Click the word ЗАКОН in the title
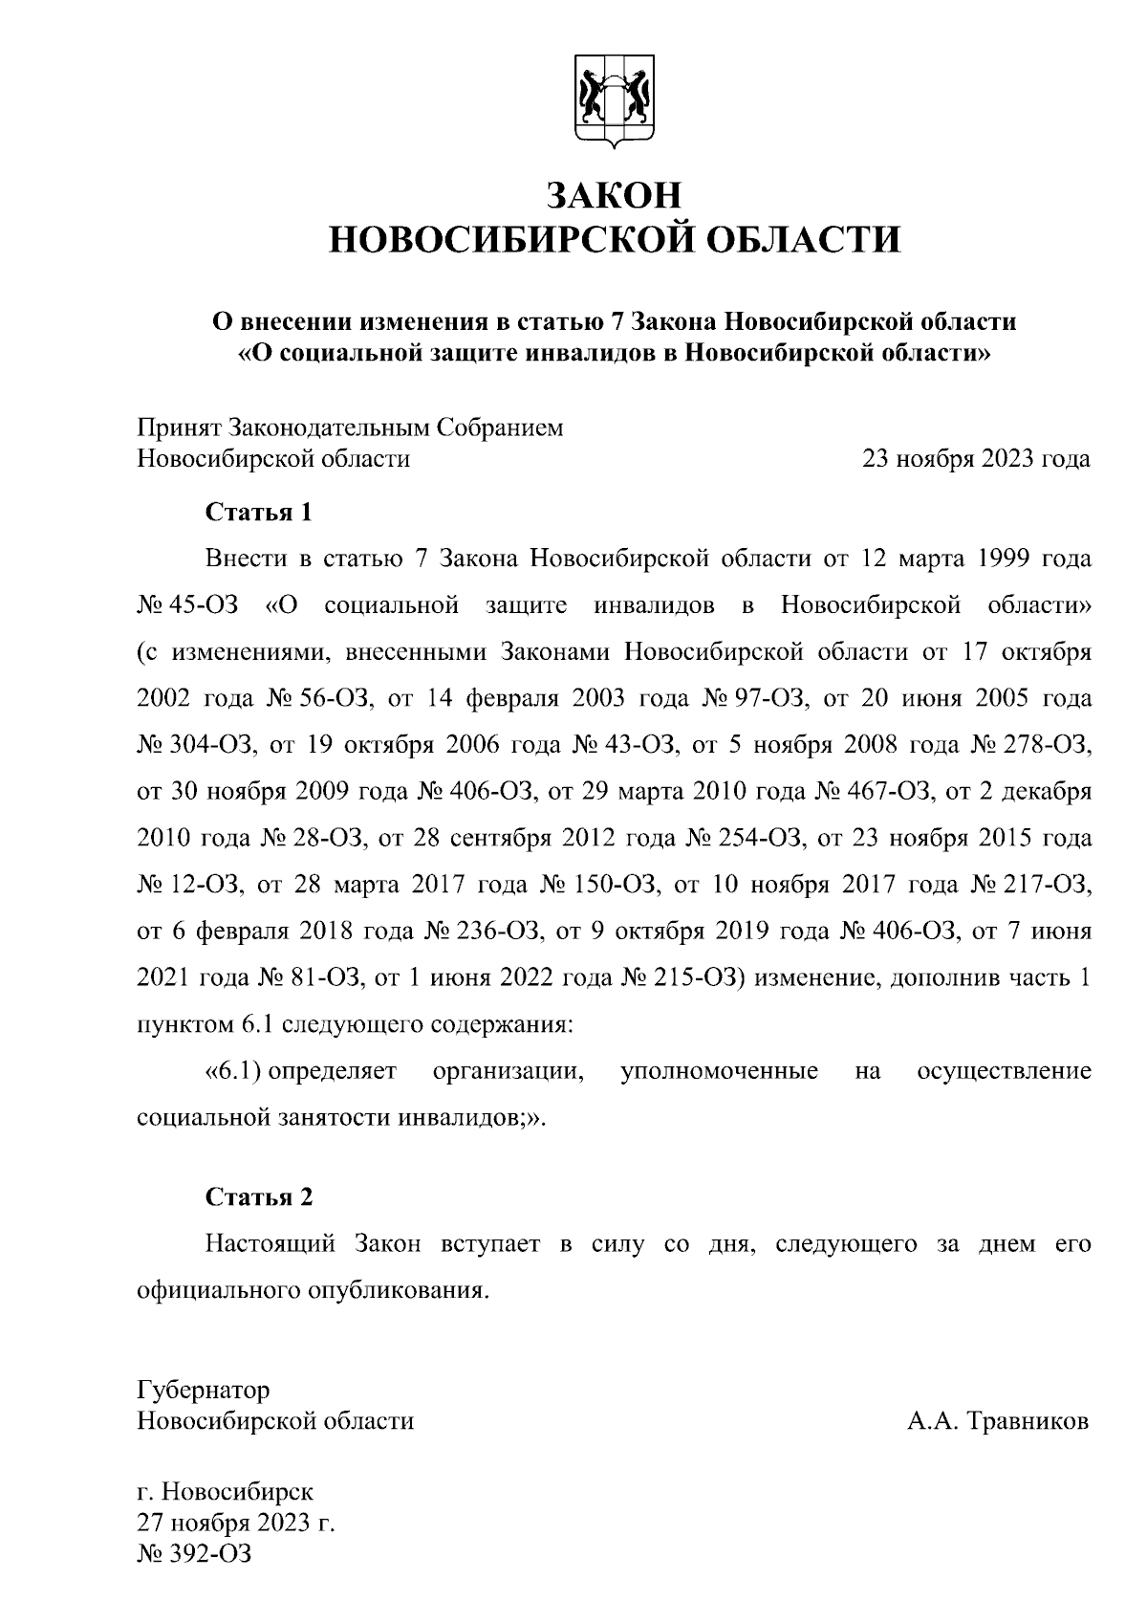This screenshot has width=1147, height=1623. (x=614, y=195)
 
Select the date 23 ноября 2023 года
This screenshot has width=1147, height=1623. (x=976, y=459)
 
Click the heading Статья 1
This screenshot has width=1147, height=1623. (x=259, y=513)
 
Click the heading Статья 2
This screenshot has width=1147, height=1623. (x=259, y=1197)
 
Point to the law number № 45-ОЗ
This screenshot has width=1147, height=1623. (x=187, y=606)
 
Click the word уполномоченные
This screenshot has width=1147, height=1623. (x=719, y=1071)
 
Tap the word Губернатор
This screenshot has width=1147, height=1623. (x=203, y=1390)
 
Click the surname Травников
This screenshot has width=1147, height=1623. (x=1028, y=1421)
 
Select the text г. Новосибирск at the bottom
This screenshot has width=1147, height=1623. (x=225, y=1491)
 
